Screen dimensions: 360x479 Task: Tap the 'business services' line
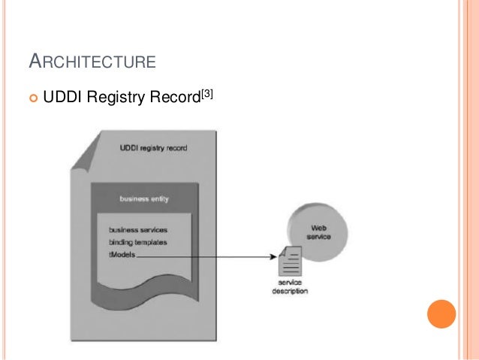click(138, 229)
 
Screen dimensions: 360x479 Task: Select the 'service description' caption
click(290, 287)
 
